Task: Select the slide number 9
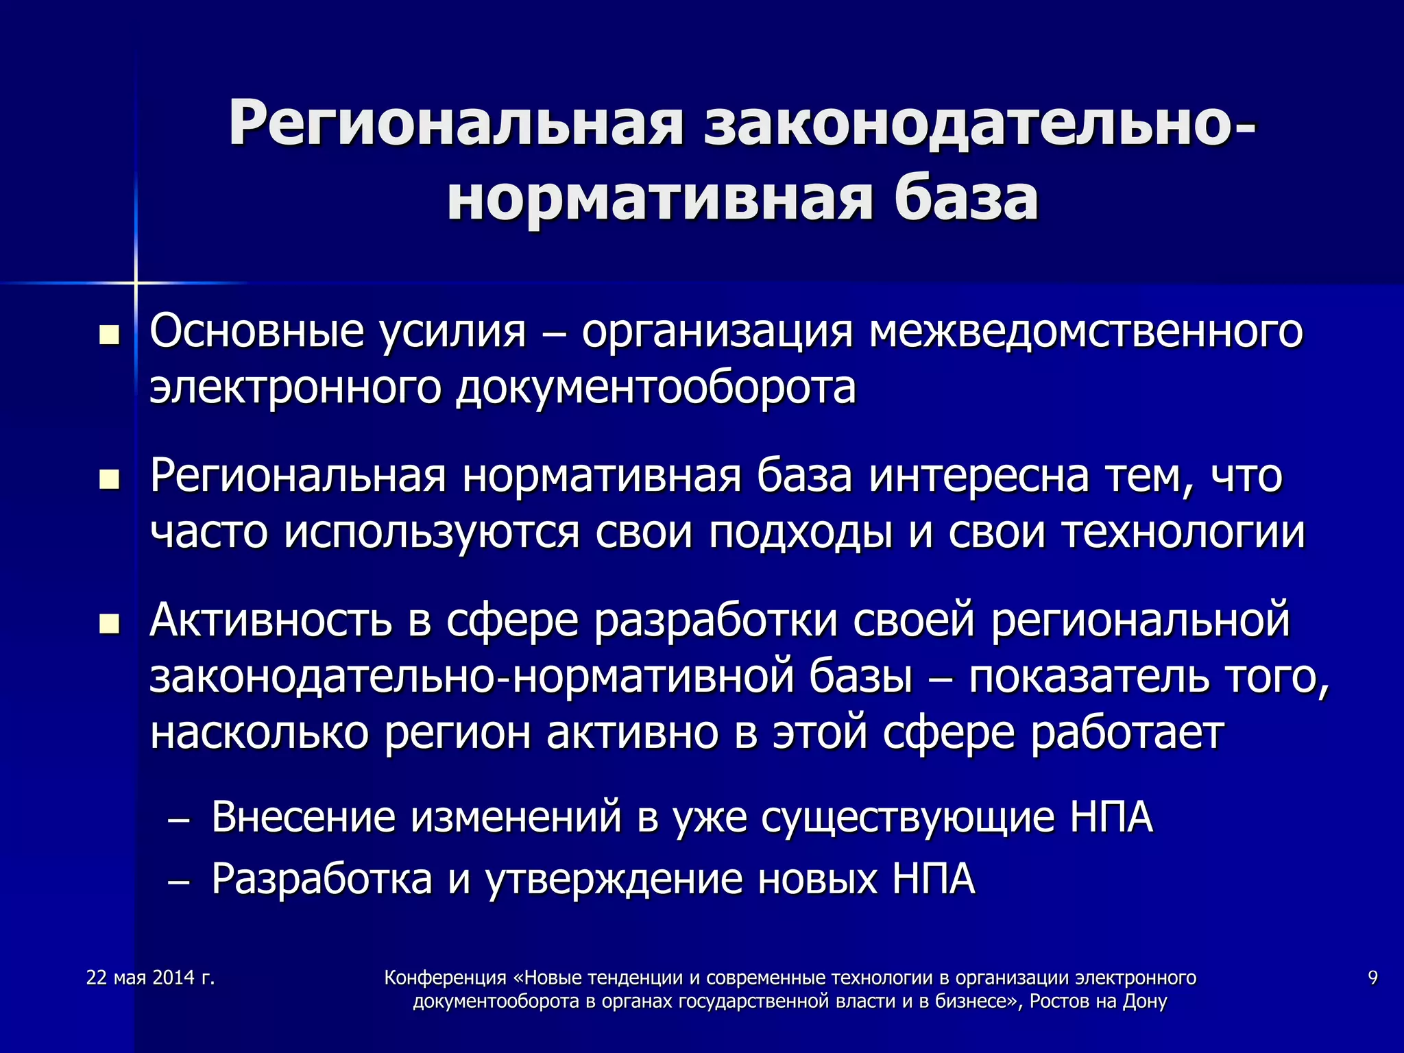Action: point(1372,978)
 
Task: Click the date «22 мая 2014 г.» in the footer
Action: point(151,978)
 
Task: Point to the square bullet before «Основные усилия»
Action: point(108,336)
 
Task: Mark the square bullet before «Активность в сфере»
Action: point(108,624)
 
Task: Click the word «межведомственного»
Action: point(1087,332)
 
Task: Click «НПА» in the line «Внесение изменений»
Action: point(1111,817)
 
